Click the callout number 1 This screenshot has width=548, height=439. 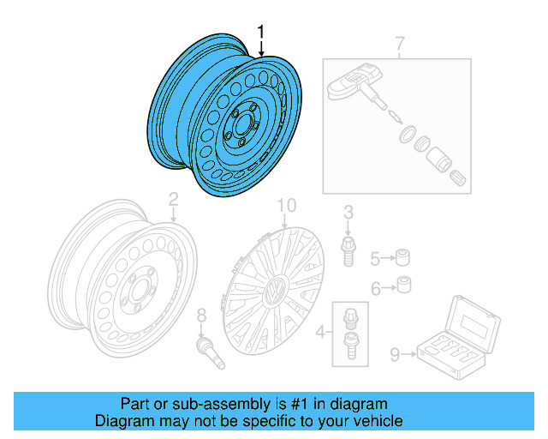click(x=262, y=34)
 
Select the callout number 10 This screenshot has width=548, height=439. click(x=285, y=206)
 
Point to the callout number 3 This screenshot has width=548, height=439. click(x=348, y=213)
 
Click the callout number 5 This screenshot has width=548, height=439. click(x=375, y=257)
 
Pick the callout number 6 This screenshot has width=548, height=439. click(x=375, y=289)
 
